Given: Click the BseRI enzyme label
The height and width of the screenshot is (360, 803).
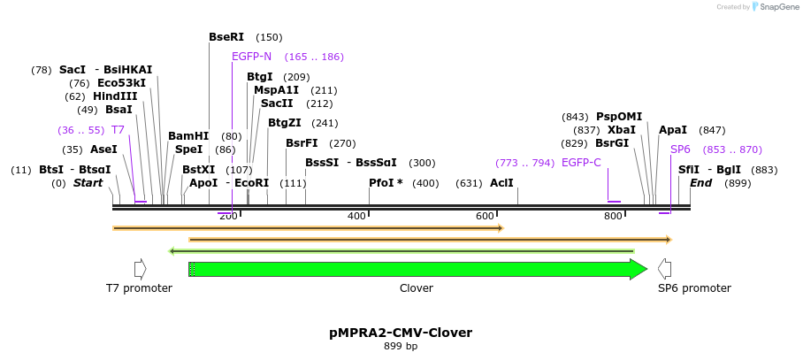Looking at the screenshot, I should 226,37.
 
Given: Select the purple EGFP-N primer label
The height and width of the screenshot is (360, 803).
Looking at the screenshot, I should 251,57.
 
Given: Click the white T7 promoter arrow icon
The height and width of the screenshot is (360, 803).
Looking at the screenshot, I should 140,269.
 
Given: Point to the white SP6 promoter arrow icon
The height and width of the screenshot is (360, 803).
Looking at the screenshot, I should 664,269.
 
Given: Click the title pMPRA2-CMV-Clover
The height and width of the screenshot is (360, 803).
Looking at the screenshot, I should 401,333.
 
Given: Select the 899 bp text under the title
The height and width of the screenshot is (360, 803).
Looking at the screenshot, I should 401,347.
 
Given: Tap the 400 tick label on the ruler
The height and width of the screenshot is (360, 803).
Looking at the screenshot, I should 356,217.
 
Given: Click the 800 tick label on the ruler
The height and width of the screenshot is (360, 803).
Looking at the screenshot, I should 613,217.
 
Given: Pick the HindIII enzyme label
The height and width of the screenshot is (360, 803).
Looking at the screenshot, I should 115,96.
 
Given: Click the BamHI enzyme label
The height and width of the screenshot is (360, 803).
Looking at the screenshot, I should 187,136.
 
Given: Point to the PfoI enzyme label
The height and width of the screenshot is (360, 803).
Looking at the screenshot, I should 386,183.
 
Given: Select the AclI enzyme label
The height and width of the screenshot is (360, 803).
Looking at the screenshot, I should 501,183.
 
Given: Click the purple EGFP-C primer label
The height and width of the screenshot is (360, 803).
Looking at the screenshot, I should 581,163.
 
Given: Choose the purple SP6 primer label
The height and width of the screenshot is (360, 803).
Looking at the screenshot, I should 680,149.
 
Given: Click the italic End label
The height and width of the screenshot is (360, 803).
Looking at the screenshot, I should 700,183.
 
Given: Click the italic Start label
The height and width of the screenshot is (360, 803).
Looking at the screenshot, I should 88,183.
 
